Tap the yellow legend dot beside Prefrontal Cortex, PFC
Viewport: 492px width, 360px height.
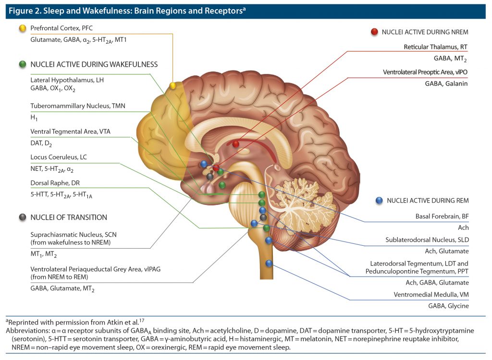pyautogui.click(x=22, y=28)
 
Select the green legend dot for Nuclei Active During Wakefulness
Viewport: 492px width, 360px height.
pyautogui.click(x=22, y=64)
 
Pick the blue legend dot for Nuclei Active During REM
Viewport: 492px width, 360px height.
pyautogui.click(x=379, y=200)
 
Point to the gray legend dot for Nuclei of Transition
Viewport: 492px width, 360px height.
pyautogui.click(x=22, y=217)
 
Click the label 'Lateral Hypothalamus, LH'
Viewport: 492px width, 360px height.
pyautogui.click(x=67, y=80)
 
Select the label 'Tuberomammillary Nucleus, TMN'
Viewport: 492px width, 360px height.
pyautogui.click(x=78, y=106)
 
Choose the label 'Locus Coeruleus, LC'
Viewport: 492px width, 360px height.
pyautogui.click(x=59, y=157)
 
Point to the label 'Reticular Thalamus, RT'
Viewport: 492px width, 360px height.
pyautogui.click(x=435, y=47)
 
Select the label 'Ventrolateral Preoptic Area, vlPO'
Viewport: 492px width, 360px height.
pyautogui.click(x=425, y=72)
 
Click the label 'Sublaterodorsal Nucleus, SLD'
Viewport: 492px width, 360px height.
pyautogui.click(x=427, y=240)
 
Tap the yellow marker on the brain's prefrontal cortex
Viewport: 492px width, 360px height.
pyautogui.click(x=173, y=86)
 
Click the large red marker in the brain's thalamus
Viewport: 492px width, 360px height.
pyautogui.click(x=235, y=144)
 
